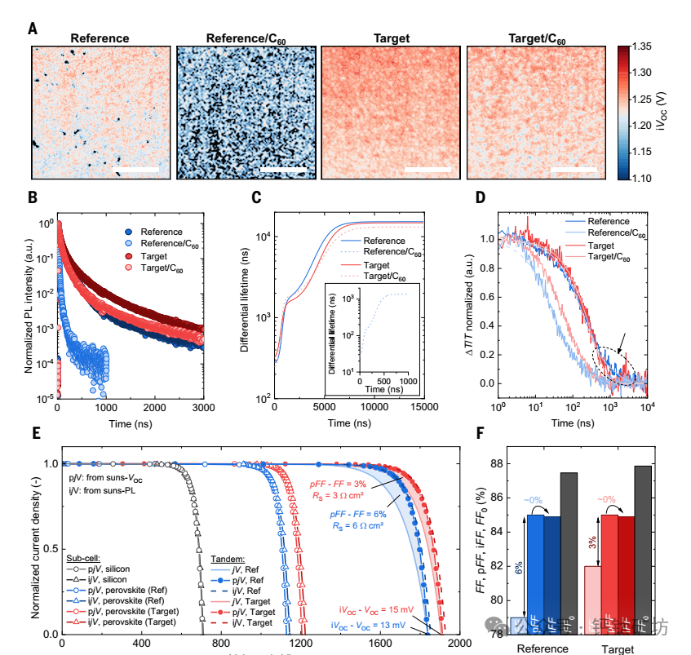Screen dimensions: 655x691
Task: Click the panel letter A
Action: (33, 29)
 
